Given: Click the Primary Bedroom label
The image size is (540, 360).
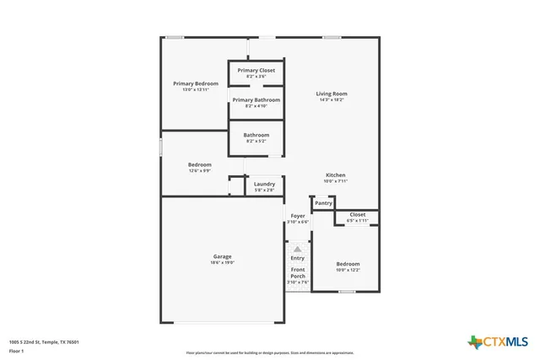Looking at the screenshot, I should point(196,83).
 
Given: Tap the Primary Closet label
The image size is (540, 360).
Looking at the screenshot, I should point(256,71).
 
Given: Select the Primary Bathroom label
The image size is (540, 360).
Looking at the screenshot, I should point(256,99).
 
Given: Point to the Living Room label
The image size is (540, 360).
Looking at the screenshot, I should point(332,94).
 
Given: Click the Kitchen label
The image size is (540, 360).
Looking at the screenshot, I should point(336,175).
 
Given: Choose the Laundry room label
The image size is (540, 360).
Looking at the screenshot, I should point(264,184).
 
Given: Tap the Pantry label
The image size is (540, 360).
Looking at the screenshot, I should point(323,203).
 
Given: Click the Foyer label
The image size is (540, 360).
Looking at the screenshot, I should point(298,216).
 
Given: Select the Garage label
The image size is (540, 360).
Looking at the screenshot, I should point(222,256).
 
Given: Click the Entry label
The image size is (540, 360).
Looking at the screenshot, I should point(298,258).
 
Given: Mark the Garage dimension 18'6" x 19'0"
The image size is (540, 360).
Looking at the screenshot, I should point(222,262).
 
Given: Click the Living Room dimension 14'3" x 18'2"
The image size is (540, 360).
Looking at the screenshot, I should point(332,99).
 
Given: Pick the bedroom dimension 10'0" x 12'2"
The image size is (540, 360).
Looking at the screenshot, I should point(348,270).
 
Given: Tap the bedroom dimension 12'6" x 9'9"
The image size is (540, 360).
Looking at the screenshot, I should point(200,170).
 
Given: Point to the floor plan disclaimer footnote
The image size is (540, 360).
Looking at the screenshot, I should point(270,353).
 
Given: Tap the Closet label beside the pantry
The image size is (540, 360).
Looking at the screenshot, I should point(358,214).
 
